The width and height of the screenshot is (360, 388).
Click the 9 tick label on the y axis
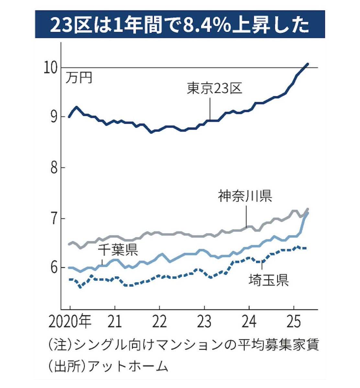(54, 116)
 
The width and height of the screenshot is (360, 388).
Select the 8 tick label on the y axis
(54, 167)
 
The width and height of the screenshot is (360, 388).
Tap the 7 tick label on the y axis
(54, 219)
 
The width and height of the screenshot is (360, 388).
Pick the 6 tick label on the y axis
(54, 267)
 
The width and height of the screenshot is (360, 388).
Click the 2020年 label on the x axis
(70, 322)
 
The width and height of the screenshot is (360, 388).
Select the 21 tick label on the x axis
(115, 322)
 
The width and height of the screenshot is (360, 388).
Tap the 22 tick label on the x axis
(159, 322)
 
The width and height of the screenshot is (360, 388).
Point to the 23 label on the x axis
(204, 322)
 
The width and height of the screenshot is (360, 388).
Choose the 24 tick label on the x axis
(249, 322)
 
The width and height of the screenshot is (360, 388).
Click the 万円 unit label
(79, 78)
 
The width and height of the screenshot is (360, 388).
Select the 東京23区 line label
(215, 88)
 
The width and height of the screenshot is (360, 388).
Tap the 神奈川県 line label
(245, 196)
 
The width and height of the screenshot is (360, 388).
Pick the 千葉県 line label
(118, 251)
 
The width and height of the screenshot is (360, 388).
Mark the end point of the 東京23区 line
(308, 64)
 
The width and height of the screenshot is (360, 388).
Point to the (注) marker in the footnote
(61, 345)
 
